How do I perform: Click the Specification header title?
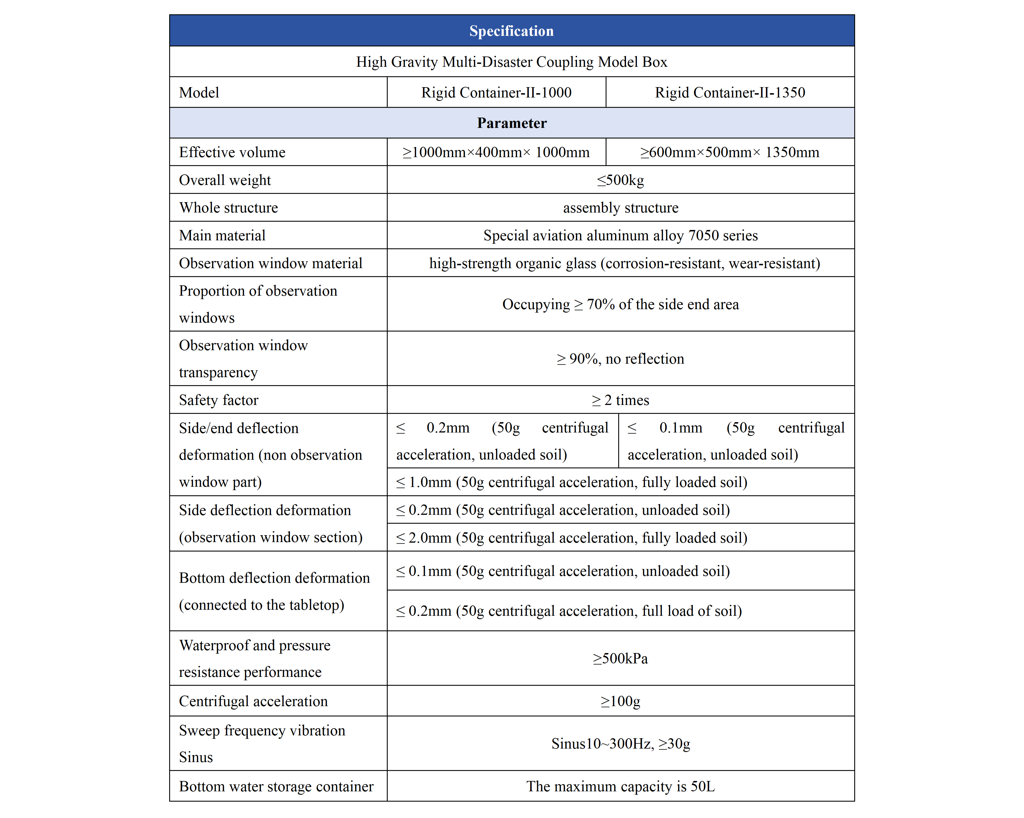[512, 31]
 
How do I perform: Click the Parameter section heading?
[512, 123]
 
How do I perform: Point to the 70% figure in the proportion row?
[601, 305]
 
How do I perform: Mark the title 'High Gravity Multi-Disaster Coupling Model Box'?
[512, 62]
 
